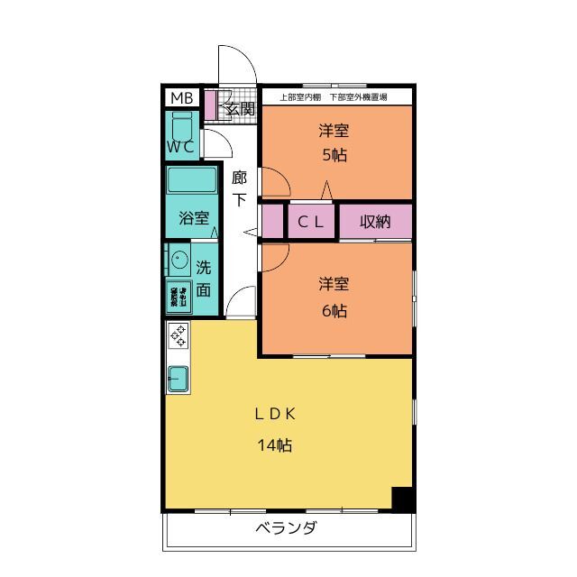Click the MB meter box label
181,98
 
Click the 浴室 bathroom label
193,218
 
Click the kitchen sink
178,377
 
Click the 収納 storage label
375,222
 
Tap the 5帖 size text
334,154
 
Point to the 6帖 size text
334,311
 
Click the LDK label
275,415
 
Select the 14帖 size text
275,444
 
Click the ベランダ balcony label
286,528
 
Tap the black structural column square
403,499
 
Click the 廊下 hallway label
239,188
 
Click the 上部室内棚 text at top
298,96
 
